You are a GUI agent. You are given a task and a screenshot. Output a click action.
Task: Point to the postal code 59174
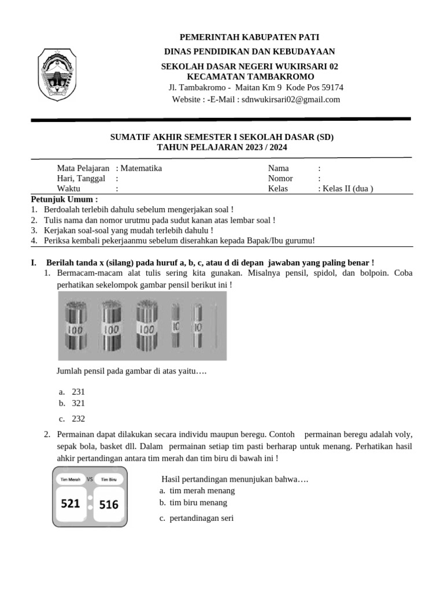[330, 88]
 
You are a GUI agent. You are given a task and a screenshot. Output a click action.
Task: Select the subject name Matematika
[141, 168]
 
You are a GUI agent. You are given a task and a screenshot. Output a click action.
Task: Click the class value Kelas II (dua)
[348, 188]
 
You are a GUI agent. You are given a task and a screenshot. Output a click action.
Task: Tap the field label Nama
[278, 168]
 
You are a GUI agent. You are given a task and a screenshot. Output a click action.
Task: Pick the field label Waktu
[69, 188]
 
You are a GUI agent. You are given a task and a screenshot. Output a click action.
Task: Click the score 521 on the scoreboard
[71, 504]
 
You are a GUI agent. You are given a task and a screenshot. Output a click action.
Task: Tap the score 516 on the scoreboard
[109, 504]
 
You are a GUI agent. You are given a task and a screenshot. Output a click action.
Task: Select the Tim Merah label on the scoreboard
[71, 479]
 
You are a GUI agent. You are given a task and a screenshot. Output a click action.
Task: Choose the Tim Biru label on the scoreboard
[109, 479]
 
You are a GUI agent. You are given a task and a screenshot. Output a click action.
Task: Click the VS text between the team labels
[90, 479]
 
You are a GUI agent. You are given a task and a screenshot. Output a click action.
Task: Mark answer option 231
[78, 392]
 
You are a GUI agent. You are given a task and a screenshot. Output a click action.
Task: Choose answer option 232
[78, 419]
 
